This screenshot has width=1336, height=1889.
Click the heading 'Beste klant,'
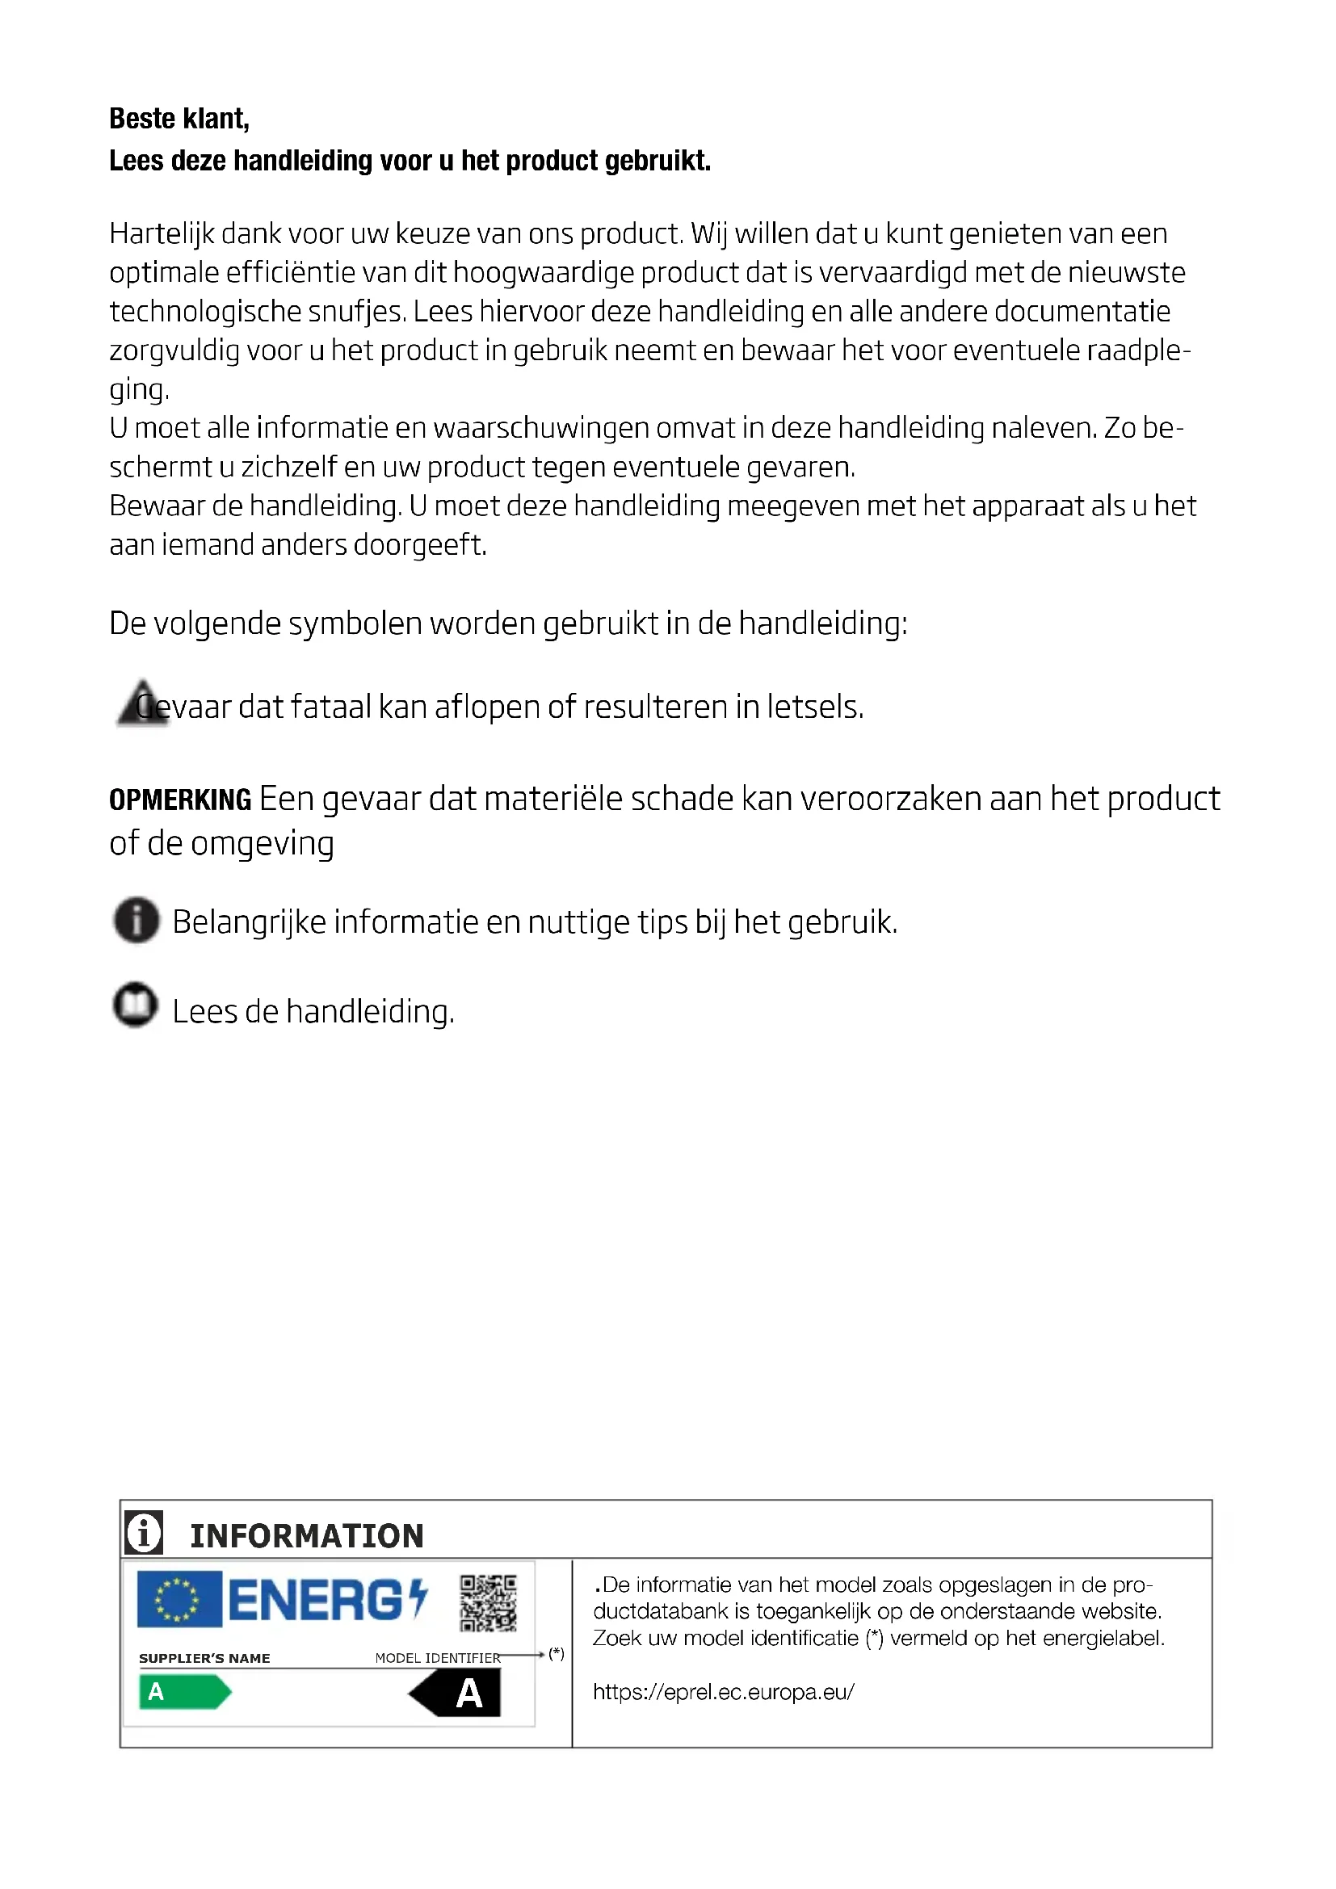point(179,120)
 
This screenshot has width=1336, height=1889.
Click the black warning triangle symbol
point(141,703)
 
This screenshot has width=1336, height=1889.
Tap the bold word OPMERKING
point(180,800)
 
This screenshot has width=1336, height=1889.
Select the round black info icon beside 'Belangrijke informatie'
point(137,920)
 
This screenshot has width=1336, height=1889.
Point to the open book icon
point(135,1005)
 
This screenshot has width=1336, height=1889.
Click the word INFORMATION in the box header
point(307,1536)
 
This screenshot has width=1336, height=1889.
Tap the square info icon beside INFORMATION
point(144,1533)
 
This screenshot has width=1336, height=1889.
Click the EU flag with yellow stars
point(179,1599)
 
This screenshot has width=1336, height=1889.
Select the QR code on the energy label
point(488,1602)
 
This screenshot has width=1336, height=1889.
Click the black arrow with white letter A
point(456,1694)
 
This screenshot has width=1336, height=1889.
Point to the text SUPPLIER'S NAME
point(205,1658)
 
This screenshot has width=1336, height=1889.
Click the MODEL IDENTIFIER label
point(437,1658)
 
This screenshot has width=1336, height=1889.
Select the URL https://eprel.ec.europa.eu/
point(724,1692)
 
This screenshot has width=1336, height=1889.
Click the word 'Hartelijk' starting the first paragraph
point(162,234)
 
